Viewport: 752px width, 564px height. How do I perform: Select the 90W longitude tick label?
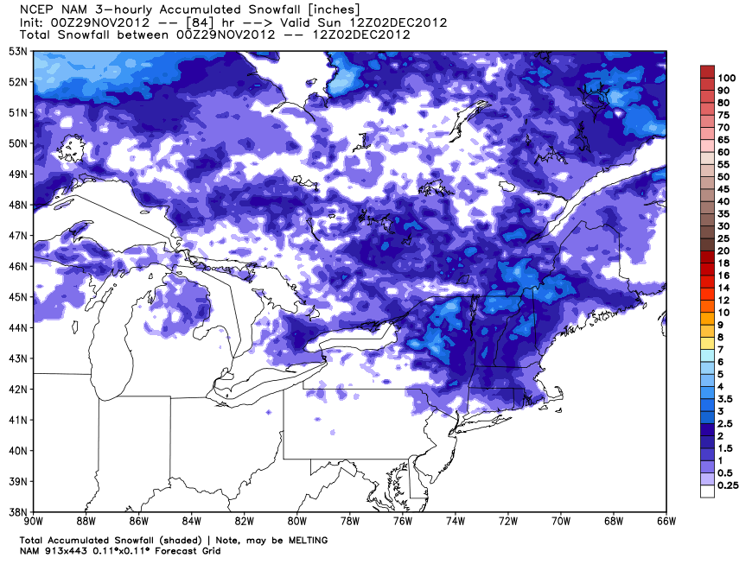click(x=34, y=521)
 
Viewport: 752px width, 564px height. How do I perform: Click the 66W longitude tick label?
click(x=666, y=521)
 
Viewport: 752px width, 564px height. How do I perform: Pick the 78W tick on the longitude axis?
click(x=350, y=521)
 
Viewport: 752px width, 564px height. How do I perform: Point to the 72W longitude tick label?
click(x=508, y=521)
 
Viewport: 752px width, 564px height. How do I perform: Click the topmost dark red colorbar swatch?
click(x=707, y=72)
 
